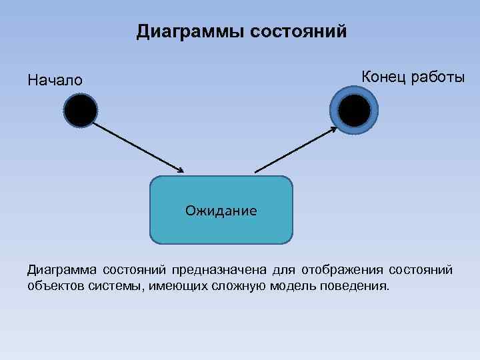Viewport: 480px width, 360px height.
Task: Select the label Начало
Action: point(55,81)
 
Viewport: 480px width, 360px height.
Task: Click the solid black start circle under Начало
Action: point(81,111)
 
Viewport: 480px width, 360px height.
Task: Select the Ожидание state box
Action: point(221,211)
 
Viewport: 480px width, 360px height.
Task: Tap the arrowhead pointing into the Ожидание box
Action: point(179,171)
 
